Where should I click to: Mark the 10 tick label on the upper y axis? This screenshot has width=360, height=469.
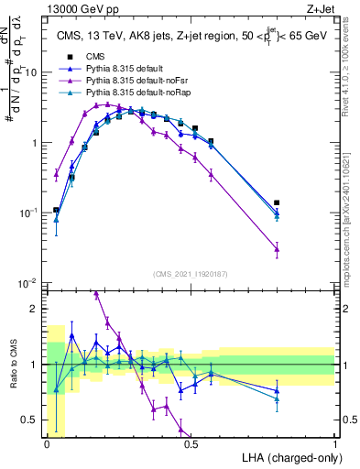click(x=32, y=71)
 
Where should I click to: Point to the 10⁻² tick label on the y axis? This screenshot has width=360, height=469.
click(x=28, y=283)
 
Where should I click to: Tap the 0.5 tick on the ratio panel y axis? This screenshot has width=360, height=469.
click(x=33, y=420)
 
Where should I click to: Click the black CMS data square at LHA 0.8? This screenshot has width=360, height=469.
click(x=277, y=202)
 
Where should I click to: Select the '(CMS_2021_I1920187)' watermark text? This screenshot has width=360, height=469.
click(x=191, y=274)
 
